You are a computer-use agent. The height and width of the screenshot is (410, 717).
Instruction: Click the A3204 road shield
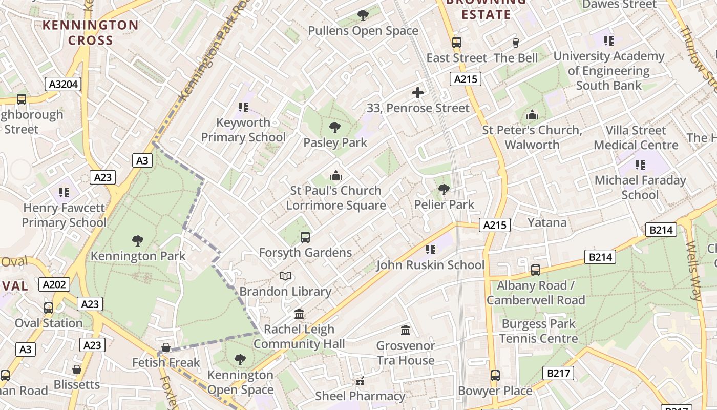63,84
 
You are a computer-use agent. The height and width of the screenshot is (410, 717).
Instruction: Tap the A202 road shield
54,284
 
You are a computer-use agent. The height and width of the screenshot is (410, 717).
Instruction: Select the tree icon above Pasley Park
335,127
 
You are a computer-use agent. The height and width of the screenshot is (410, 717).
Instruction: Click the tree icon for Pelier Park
444,190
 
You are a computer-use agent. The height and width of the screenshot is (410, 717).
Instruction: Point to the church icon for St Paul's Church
336,176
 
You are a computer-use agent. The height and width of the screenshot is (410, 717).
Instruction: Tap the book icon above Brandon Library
285,276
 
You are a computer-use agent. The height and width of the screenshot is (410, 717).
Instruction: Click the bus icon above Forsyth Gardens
305,237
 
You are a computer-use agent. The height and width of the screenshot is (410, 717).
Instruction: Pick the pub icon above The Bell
516,43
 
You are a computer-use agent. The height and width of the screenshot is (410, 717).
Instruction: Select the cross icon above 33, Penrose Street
418,93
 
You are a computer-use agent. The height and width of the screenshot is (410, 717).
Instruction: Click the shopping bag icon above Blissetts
77,370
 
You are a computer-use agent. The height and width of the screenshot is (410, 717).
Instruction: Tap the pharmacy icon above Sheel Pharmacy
360,381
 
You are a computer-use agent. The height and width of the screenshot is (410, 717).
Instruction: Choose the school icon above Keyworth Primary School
243,107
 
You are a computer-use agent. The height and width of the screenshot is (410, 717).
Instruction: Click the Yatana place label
547,222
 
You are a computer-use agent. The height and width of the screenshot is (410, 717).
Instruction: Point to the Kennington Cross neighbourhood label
91,33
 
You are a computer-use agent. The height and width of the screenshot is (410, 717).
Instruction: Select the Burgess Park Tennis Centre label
538,331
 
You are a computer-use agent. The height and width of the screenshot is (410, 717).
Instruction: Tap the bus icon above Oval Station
49,308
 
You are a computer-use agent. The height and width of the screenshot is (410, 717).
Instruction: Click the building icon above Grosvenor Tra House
406,330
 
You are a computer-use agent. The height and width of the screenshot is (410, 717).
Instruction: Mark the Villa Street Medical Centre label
636,138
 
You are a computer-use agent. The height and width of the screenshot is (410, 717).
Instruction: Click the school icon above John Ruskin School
431,250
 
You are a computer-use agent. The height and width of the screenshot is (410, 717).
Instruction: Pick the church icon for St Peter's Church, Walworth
532,115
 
